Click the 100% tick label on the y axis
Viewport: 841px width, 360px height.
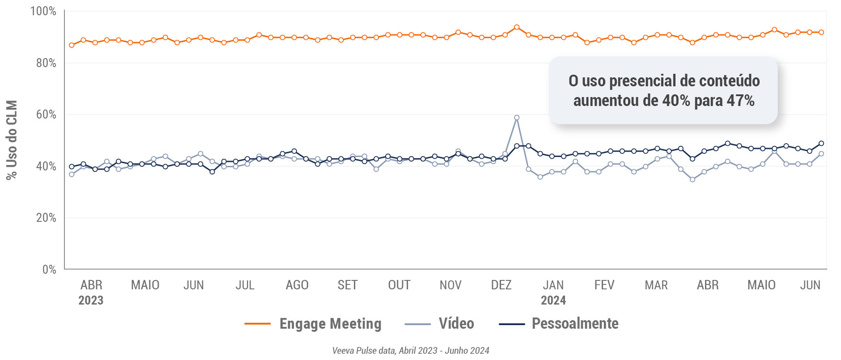43,11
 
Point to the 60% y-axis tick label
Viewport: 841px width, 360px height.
46,114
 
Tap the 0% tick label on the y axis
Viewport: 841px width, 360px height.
49,269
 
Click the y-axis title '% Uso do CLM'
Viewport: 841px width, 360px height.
12,140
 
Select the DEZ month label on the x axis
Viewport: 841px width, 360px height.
501,285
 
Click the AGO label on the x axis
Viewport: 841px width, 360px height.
297,285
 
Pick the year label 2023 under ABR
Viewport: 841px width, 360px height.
91,301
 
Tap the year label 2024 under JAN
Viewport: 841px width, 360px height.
553,301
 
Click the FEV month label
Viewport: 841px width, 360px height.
604,285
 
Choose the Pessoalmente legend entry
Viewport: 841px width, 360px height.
575,324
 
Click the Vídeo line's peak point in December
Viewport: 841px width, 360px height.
517,118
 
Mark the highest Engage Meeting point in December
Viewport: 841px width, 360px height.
517,27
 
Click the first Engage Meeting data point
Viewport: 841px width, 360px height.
72,45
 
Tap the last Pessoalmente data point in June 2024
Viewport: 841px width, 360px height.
821,144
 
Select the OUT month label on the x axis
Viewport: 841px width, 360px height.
399,285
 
